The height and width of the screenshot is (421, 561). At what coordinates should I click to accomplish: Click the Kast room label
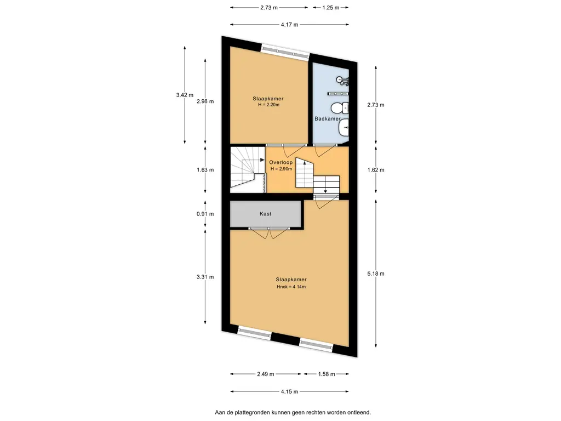(x=265, y=214)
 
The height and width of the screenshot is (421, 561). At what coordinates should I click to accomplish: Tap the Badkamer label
(x=328, y=118)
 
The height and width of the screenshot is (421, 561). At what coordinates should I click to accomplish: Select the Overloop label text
(x=281, y=162)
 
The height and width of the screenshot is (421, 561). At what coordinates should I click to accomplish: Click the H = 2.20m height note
(x=268, y=105)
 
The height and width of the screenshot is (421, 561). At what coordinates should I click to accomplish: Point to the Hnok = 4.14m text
(x=291, y=287)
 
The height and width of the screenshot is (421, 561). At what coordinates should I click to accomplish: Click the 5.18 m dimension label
(x=376, y=274)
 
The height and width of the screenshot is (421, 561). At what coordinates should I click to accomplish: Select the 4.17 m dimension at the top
(x=289, y=25)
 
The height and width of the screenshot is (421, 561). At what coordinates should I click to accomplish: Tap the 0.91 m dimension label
(x=205, y=214)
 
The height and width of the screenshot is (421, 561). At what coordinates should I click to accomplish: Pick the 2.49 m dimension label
(x=266, y=374)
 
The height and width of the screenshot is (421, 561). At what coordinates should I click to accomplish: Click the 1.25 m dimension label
(x=330, y=8)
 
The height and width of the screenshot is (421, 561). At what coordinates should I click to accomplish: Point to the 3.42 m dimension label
(x=185, y=95)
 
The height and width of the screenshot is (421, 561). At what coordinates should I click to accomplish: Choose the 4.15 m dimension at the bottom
(x=289, y=391)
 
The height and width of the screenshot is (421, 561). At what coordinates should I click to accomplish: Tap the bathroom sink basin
(x=344, y=128)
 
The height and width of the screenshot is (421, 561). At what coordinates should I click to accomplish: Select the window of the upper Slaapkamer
(x=285, y=51)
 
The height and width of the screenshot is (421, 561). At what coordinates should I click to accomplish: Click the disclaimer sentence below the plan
(x=293, y=412)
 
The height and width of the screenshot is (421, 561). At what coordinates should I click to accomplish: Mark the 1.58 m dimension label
(x=327, y=374)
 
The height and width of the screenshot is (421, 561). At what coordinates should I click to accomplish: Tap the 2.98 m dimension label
(x=205, y=101)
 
